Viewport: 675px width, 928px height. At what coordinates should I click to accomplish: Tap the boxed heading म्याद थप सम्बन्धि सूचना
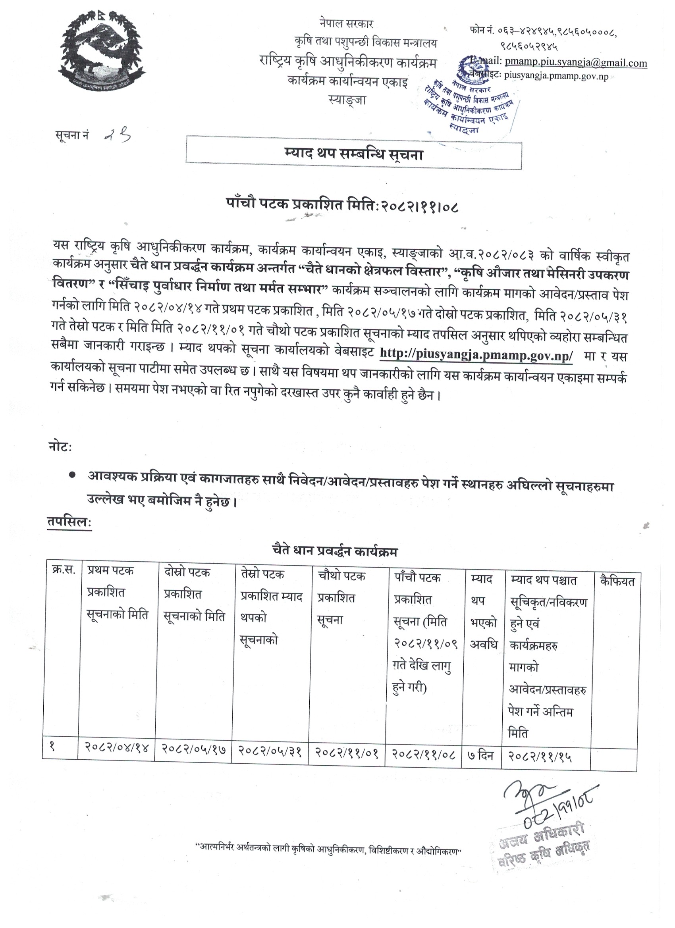[x=354, y=155]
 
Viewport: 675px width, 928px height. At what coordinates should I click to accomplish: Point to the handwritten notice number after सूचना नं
[x=118, y=135]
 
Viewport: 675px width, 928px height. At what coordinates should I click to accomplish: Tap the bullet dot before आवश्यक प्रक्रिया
[x=72, y=475]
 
